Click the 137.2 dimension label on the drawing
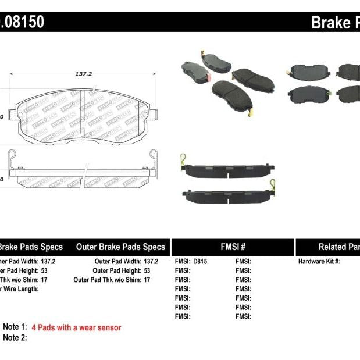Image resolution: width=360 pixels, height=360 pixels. pos(83,74)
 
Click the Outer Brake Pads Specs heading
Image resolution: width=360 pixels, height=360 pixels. pos(120,247)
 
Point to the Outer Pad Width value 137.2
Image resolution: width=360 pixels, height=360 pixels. pos(151,262)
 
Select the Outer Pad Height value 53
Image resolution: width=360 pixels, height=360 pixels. pos(147,270)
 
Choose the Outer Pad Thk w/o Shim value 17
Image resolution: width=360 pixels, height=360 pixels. pos(147,280)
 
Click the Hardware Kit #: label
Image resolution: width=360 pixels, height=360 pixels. pos(319,262)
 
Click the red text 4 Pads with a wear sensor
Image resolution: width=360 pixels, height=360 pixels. pos(76,328)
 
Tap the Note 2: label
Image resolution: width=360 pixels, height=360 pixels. pos(15,338)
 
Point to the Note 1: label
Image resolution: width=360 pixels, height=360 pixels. pos(15,328)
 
